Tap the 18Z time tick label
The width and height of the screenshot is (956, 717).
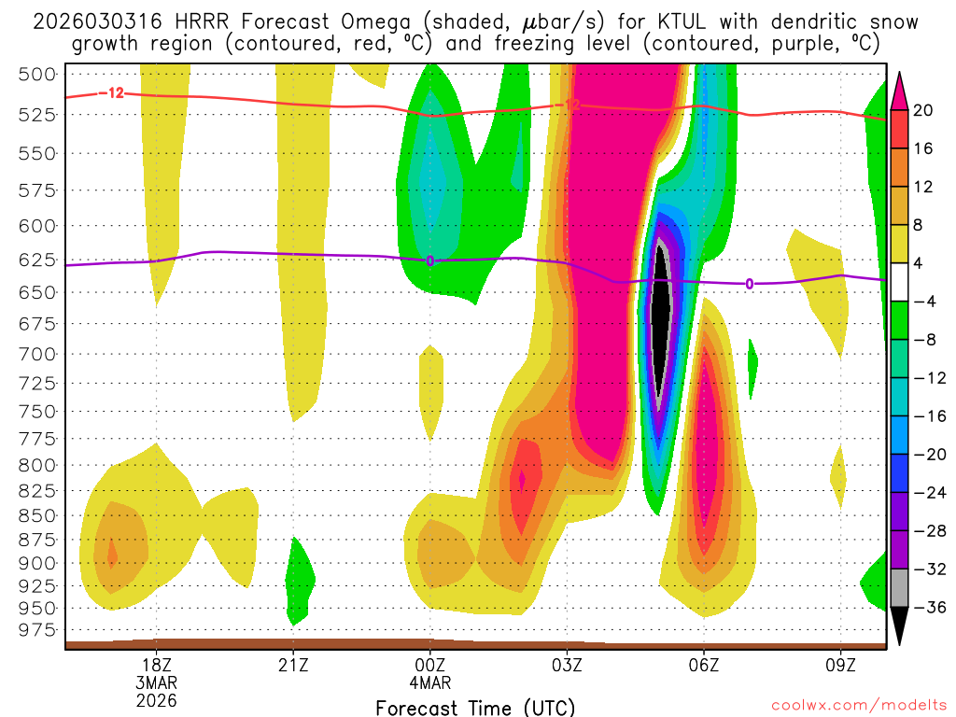[x=156, y=665]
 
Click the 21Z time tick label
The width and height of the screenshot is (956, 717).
[x=293, y=665]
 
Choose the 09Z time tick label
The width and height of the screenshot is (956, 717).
[x=841, y=665]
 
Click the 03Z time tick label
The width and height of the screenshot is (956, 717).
[x=567, y=665]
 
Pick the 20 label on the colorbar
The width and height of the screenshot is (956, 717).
[x=923, y=110]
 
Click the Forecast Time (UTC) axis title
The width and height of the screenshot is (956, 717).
[x=475, y=707]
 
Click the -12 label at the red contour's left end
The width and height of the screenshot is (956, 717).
[x=114, y=92]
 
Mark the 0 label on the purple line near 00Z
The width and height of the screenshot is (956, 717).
[x=430, y=260]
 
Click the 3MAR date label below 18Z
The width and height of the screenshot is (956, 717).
[x=156, y=682]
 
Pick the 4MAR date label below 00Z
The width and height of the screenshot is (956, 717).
[x=430, y=682]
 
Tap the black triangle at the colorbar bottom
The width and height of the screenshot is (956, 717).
[x=900, y=631]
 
